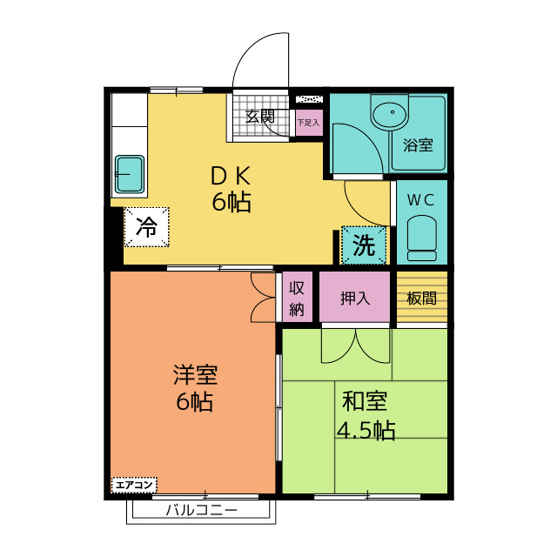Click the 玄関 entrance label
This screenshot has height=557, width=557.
(260, 116)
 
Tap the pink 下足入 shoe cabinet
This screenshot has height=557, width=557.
(310, 123)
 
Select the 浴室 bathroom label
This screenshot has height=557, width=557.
(418, 145)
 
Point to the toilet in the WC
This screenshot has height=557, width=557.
(421, 238)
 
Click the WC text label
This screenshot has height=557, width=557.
(421, 200)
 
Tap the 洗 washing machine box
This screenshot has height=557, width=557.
(364, 245)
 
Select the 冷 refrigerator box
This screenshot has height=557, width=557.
(146, 227)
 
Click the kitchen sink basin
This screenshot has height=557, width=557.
(130, 174)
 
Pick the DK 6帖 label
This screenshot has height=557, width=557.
(232, 189)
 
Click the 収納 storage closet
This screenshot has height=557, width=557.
(297, 297)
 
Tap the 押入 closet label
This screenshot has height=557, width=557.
(355, 298)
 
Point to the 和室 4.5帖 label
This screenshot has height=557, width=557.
(366, 416)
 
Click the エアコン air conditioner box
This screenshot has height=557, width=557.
(134, 485)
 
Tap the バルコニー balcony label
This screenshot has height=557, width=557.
(201, 511)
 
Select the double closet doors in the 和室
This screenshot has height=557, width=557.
(355, 346)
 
